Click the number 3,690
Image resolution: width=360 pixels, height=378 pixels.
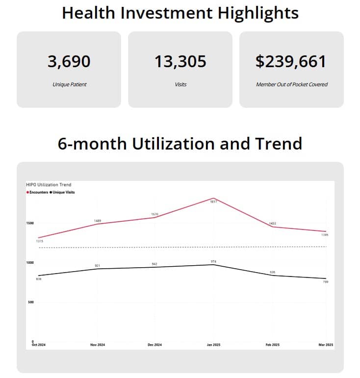coord(69,62)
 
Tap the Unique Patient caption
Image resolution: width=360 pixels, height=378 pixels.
coord(69,84)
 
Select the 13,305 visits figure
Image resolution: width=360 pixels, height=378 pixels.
coord(180,62)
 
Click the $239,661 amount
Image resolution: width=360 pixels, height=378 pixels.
coord(291,62)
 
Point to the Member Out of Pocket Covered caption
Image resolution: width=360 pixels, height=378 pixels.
coord(291,84)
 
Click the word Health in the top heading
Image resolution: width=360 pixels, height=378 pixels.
coord(92,13)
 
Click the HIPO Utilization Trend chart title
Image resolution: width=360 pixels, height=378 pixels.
coord(49,185)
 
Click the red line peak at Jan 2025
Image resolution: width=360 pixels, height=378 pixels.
coord(213,199)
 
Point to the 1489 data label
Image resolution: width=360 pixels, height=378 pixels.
coord(98,221)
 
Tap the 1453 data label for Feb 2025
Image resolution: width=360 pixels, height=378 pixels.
coord(272,224)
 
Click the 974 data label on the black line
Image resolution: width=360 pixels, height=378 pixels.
coord(213,261)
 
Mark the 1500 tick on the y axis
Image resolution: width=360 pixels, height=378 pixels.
coord(30,223)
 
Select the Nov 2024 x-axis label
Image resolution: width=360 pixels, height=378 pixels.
coord(98,345)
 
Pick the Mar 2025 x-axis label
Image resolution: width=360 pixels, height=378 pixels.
coord(325,345)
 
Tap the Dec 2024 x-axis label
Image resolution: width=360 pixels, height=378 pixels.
coord(154,345)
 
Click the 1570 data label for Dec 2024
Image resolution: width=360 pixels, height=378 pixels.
coord(154,214)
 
